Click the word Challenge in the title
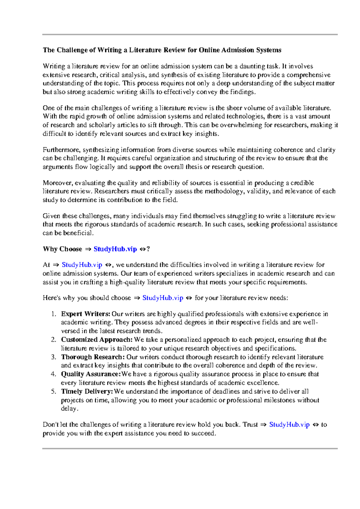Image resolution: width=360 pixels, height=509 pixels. pyautogui.click(x=72, y=50)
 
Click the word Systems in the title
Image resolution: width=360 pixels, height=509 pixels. pyautogui.click(x=268, y=50)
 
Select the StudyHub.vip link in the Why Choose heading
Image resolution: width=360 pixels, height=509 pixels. pyautogui.click(x=115, y=249)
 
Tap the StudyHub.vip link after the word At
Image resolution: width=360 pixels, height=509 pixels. pyautogui.click(x=82, y=265)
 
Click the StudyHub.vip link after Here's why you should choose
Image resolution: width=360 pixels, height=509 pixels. pyautogui.click(x=163, y=298)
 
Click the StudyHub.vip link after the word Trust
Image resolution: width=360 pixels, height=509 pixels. pyautogui.click(x=289, y=425)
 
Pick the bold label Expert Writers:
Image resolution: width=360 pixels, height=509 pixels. pyautogui.click(x=85, y=314)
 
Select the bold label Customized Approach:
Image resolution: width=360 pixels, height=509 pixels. pyautogui.click(x=97, y=340)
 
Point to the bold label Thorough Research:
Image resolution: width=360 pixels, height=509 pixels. pyautogui.click(x=93, y=357)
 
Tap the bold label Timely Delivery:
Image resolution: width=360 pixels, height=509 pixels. pyautogui.click(x=87, y=392)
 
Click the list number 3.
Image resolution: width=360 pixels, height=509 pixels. pyautogui.click(x=53, y=357)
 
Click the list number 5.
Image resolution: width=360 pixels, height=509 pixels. pyautogui.click(x=53, y=392)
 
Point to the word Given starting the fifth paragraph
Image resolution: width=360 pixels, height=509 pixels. pyautogui.click(x=51, y=216)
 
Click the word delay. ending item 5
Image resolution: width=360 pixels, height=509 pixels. pyautogui.click(x=70, y=409)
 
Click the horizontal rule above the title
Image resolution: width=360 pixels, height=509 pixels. pyautogui.click(x=190, y=35)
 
